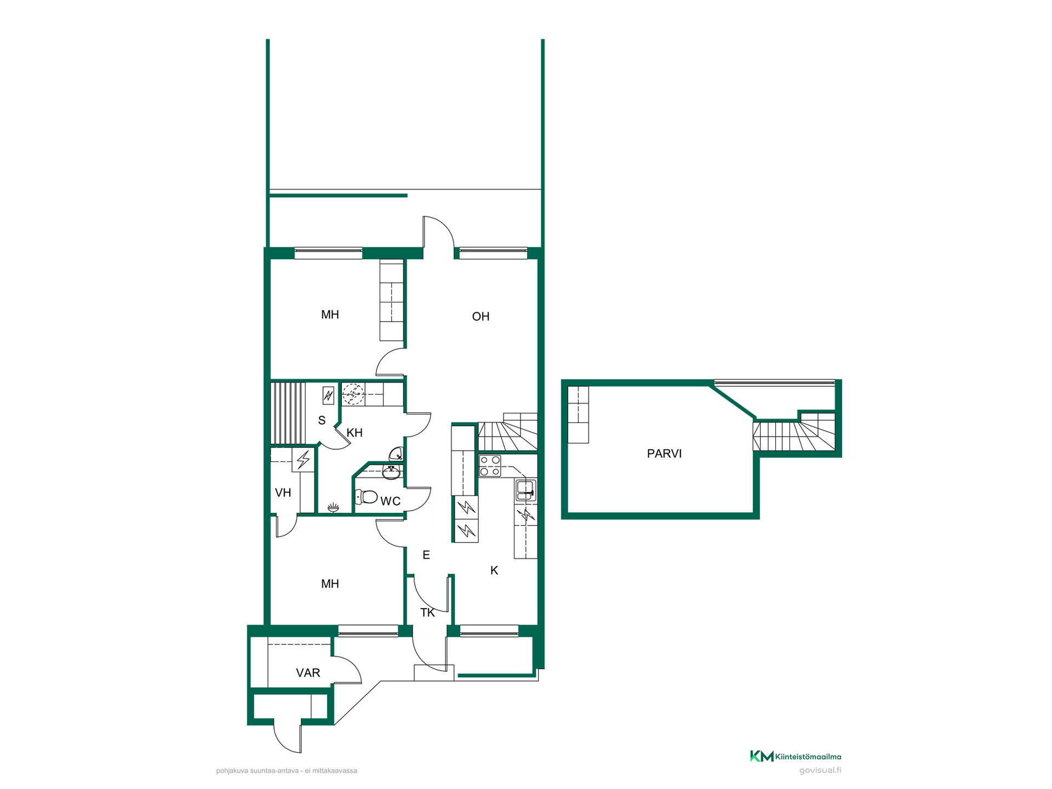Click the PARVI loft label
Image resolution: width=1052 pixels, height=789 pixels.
pos(664,454)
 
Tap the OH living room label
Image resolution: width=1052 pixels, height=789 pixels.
pos(481,316)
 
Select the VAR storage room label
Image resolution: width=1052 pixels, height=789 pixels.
pos(308,673)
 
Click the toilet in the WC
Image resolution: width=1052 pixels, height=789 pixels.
pos(366,497)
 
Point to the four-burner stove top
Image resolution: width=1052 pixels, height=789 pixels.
pos(490,466)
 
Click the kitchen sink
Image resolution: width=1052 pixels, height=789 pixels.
pos(526,490)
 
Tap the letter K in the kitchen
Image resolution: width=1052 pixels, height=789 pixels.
pos(494,570)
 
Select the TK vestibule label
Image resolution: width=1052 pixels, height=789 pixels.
pos(427,613)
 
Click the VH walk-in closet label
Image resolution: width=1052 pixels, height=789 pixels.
pos(283,493)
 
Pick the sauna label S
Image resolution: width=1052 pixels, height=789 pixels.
pos(322,420)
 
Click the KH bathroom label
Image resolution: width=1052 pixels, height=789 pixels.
pos(355,433)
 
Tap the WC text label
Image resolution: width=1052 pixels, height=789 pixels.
pos(391,501)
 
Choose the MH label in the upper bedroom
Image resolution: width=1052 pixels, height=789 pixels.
pos(330,315)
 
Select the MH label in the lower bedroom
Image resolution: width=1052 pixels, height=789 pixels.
pos(330,584)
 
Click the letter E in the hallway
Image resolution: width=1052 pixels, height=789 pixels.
pos(426,555)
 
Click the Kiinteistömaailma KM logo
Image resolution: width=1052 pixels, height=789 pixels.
pos(762,756)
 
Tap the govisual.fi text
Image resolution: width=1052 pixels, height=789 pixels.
pos(820,770)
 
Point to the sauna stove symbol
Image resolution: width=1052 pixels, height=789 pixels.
pos(328,395)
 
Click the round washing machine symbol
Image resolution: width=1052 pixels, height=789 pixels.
pos(353,394)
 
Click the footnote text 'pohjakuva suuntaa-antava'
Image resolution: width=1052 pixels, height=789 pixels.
pos(258,771)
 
